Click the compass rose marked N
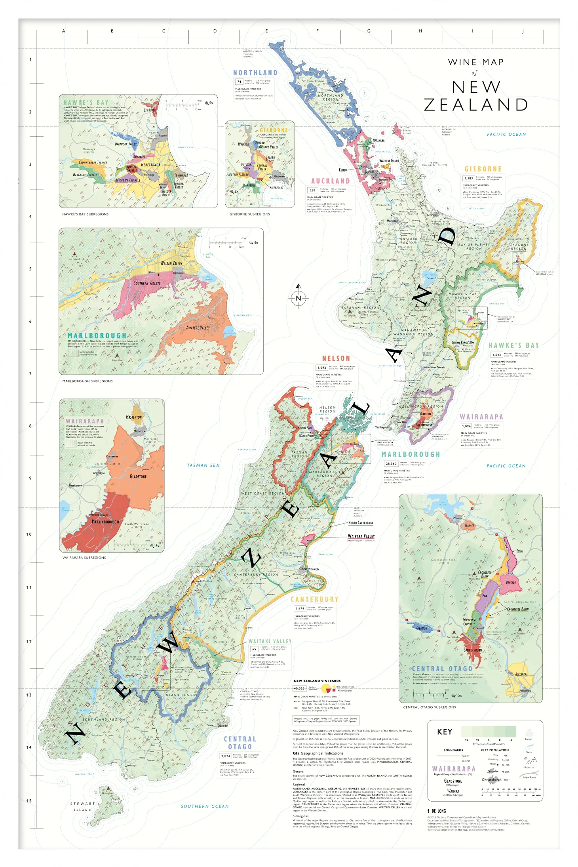[299, 298]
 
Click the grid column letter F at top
[318, 31]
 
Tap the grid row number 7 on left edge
[30, 373]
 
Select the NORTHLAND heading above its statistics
[255, 73]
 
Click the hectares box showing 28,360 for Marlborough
[391, 463]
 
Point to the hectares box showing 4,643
[496, 354]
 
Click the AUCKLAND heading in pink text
[330, 181]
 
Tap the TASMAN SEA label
[203, 465]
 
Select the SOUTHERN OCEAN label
[205, 806]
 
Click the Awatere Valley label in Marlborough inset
[198, 328]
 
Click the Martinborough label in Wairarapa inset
[105, 522]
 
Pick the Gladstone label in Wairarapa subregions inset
[138, 476]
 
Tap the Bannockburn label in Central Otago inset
[472, 650]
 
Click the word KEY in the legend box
[445, 732]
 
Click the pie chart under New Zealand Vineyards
[326, 689]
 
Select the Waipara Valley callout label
[361, 536]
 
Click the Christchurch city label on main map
[309, 569]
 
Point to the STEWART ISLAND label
[82, 807]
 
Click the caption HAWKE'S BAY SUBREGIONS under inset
[85, 214]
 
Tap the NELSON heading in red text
[336, 358]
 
